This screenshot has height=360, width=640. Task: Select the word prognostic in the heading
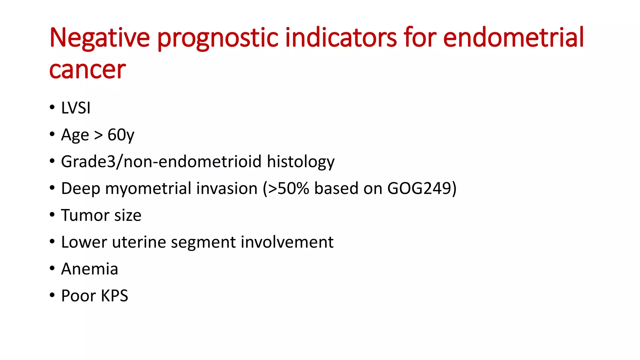pos(217,38)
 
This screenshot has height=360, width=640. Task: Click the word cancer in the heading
pos(87,70)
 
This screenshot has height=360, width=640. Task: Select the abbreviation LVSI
pos(76,108)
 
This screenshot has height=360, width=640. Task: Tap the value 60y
pos(121,135)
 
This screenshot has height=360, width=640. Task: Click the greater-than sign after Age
pos(98,135)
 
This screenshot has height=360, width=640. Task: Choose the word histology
pos(301,162)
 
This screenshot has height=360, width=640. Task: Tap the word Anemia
pos(90,269)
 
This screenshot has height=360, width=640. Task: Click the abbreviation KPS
pos(114,296)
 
